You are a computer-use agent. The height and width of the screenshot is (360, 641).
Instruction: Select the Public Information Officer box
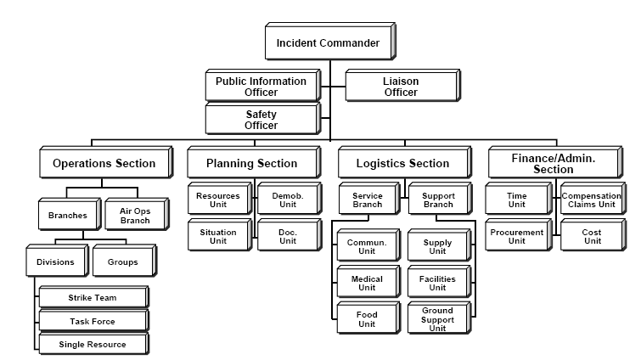click(x=261, y=87)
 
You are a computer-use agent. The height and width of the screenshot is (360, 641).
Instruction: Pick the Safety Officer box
click(x=261, y=119)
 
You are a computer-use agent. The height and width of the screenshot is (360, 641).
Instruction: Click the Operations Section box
click(x=104, y=163)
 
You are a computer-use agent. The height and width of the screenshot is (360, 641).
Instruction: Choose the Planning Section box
click(x=252, y=163)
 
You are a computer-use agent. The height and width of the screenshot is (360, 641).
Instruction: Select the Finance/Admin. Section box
click(x=554, y=163)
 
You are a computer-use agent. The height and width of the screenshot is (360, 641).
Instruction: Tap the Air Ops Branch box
click(x=133, y=215)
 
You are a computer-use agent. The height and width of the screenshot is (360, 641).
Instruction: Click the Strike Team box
click(x=93, y=297)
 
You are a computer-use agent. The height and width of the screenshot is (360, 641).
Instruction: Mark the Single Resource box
click(x=93, y=344)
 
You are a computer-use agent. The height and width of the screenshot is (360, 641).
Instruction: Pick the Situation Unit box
click(x=218, y=236)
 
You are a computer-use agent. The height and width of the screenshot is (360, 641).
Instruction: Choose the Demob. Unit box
click(x=287, y=200)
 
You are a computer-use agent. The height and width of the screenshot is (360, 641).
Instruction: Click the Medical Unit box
click(x=367, y=283)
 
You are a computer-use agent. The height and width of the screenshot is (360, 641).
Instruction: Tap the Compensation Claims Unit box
click(x=592, y=200)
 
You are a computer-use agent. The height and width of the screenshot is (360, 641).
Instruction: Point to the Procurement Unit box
click(x=517, y=236)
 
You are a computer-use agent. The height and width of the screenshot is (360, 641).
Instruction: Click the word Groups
click(x=122, y=262)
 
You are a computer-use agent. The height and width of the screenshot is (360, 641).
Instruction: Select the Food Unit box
click(x=367, y=319)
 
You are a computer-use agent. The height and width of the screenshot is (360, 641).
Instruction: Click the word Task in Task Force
click(x=82, y=321)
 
